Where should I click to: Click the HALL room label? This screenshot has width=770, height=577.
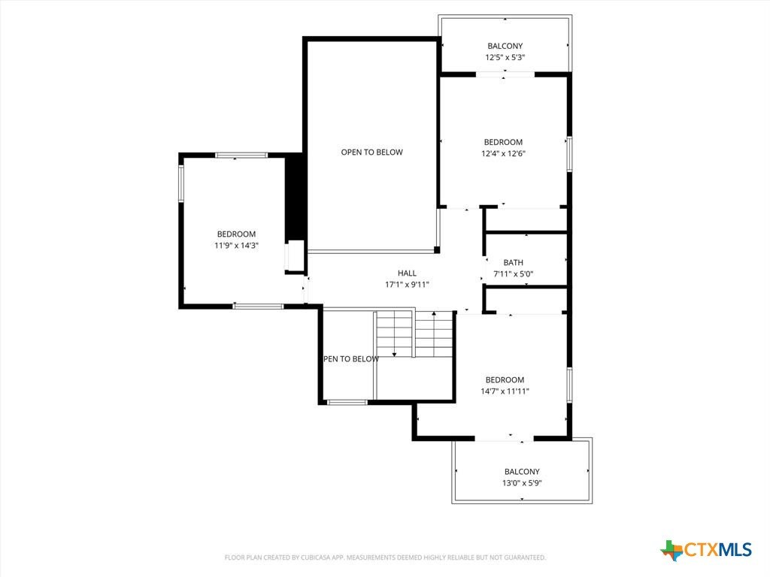pos(407,273)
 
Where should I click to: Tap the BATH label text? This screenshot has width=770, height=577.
pos(513,262)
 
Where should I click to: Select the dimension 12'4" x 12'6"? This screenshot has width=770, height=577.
pos(503,153)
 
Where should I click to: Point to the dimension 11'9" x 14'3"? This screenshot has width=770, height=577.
pos(237,246)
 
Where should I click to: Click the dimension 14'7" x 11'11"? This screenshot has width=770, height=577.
pos(505,391)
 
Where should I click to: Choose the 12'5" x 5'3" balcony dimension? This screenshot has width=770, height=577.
pos(505,57)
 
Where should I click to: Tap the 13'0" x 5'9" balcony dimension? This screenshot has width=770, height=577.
pos(522,483)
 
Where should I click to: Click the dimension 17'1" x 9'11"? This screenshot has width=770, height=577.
pos(407,285)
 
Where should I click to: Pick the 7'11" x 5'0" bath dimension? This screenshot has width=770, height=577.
pos(513,273)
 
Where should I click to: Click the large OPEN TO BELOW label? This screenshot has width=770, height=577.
pos(371,152)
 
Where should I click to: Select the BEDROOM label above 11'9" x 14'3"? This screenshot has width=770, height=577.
pos(237,234)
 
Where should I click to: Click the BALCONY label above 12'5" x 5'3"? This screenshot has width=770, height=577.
pos(505,46)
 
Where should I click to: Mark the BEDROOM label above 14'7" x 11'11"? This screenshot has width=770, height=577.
pos(505,379)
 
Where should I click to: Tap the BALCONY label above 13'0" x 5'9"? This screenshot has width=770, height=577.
pos(522,472)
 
